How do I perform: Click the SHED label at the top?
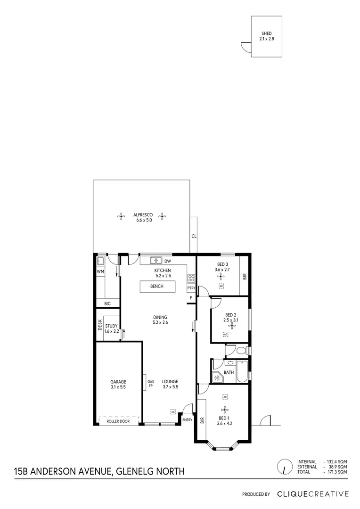coord(266,33)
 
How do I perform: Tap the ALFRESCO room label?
coord(142,214)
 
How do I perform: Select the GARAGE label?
coord(118,382)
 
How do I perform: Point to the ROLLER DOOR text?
coord(118,421)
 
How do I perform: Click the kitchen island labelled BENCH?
coord(157,287)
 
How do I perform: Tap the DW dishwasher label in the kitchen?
coord(167,261)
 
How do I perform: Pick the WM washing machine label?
coord(100,272)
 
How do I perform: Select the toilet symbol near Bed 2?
coord(241,351)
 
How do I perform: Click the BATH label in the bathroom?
coord(229,372)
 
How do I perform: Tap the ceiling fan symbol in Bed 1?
coord(224,408)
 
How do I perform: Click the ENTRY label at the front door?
coord(187,420)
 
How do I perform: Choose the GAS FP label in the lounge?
coord(151,384)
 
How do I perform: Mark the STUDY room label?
coord(111,326)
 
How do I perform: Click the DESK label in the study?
coord(100,324)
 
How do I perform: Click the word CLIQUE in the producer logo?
coord(293,494)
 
